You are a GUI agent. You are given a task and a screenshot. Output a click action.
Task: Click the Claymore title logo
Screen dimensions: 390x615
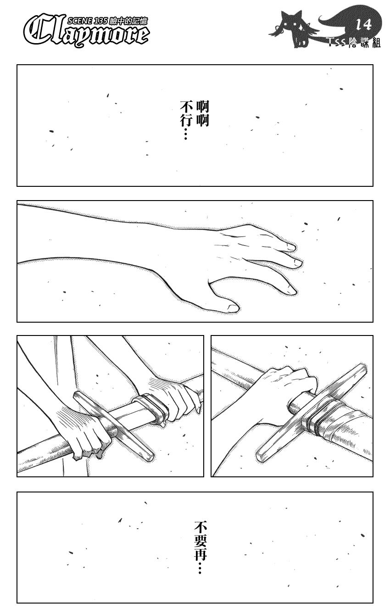click(x=86, y=32)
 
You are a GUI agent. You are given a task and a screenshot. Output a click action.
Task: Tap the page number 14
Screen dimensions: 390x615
click(x=364, y=25)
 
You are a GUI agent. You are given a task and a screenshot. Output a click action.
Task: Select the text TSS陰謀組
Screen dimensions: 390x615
click(x=354, y=42)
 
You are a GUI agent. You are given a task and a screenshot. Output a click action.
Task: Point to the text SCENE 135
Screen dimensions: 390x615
click(x=87, y=21)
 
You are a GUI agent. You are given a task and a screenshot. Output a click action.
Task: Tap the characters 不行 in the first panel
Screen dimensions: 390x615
click(x=186, y=114)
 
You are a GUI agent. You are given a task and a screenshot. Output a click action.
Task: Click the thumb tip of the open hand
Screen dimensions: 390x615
click(x=234, y=307)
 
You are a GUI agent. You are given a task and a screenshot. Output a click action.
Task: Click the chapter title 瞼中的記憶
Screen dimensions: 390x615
click(x=128, y=21)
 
